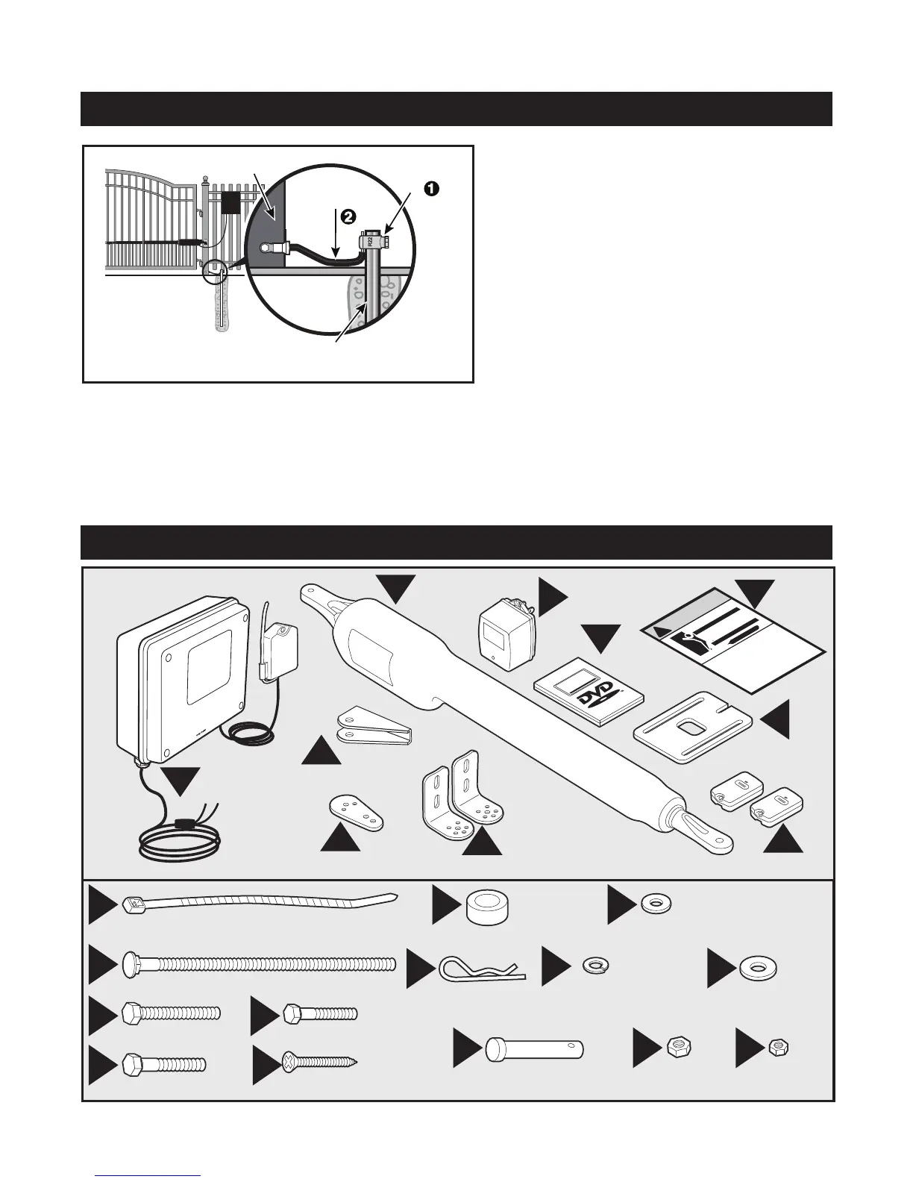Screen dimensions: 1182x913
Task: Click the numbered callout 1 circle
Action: click(x=430, y=190)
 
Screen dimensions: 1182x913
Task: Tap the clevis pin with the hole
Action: click(x=534, y=1048)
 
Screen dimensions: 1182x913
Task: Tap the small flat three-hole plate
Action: click(x=357, y=812)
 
